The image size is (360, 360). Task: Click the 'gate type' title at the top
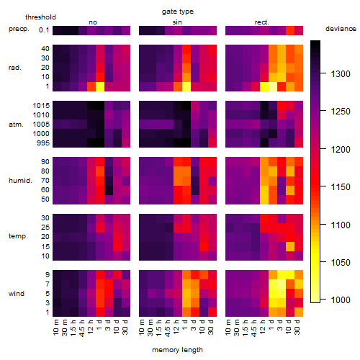[x=178, y=12]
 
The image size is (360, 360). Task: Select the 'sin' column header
[x=177, y=22]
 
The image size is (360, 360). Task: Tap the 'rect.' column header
[x=261, y=22]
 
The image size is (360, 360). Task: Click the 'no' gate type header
[x=93, y=22]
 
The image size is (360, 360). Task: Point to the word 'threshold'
[x=40, y=17]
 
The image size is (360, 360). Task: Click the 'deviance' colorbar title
[x=341, y=29]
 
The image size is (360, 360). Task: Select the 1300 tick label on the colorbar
[x=341, y=74]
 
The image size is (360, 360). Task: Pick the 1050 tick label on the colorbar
[x=341, y=262]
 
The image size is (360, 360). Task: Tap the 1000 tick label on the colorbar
[x=341, y=300]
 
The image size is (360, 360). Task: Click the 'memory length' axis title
[x=177, y=350]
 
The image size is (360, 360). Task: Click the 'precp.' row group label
[x=19, y=29]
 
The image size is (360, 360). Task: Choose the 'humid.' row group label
[x=20, y=180]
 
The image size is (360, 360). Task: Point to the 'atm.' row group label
[x=16, y=125]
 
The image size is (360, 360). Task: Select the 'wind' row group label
[x=17, y=294]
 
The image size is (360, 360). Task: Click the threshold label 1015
[x=41, y=105]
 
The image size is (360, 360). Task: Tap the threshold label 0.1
[x=44, y=30]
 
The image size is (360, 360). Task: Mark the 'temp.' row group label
[x=18, y=236]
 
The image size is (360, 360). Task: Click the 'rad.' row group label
[x=15, y=68]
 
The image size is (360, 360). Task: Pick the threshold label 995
[x=43, y=143]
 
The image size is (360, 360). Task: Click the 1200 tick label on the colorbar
[x=341, y=149]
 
